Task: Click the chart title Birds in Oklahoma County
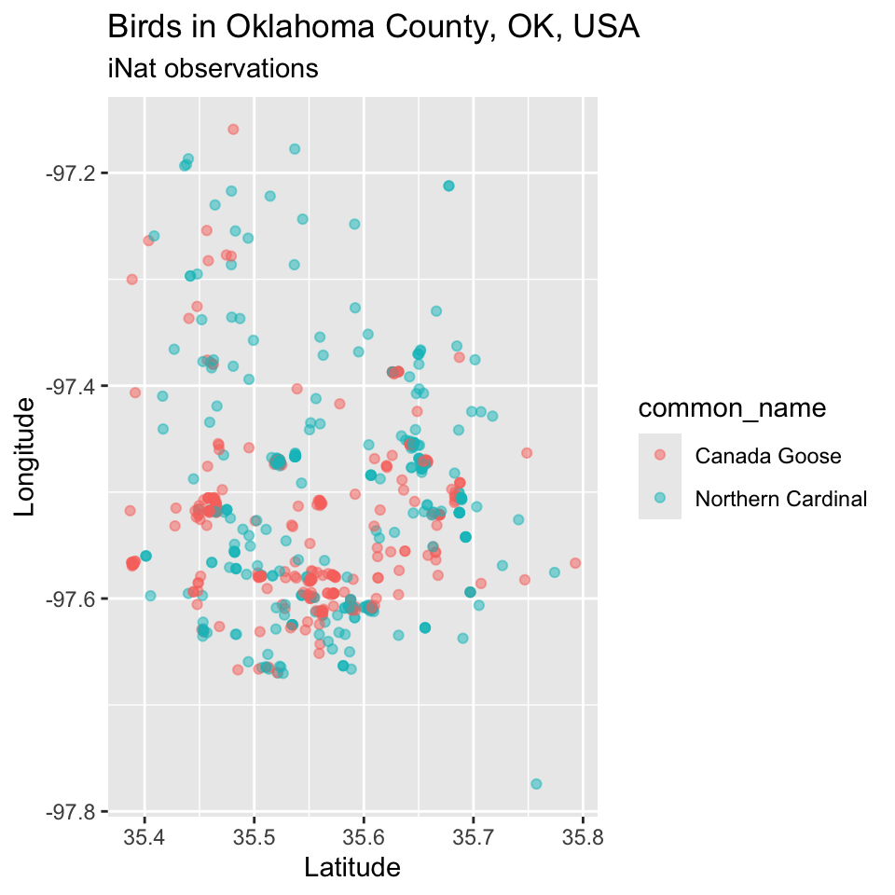373,27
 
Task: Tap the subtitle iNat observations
213,68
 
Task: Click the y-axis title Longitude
25,456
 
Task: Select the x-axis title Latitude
352,868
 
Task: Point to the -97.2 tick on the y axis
72,173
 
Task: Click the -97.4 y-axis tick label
72,386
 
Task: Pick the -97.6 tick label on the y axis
72,599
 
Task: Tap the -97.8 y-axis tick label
72,811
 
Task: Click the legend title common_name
732,408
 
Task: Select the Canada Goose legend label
768,456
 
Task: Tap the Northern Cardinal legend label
781,499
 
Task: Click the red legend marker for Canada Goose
660,456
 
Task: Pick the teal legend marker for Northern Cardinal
660,499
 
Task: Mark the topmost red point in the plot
233,129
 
